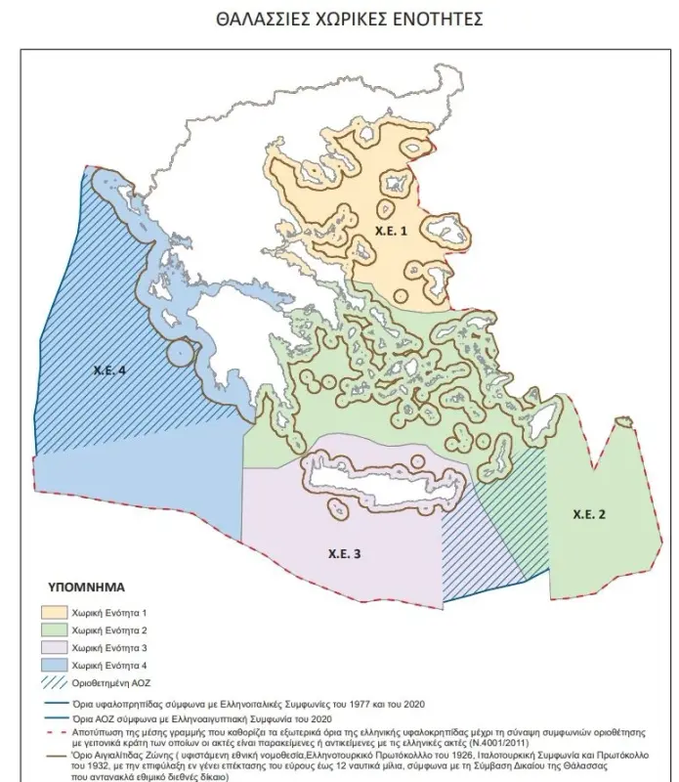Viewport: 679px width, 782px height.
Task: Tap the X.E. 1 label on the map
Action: pos(391,228)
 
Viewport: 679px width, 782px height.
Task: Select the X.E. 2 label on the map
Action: pos(590,514)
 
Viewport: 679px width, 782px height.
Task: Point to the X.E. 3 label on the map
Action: pos(343,554)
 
